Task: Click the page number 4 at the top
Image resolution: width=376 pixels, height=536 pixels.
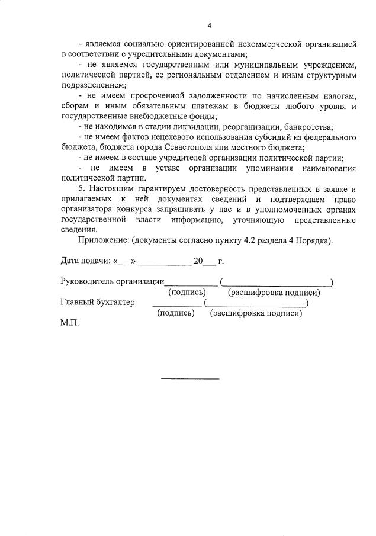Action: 210,25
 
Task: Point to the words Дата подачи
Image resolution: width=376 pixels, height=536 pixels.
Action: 85,261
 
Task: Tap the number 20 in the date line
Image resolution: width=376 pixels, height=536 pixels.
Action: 198,261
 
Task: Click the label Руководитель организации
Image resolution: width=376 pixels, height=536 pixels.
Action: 113,281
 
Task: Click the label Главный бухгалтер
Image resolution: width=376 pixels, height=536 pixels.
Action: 98,302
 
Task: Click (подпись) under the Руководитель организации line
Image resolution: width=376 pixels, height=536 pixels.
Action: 187,292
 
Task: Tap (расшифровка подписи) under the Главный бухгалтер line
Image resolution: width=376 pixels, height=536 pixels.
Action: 256,313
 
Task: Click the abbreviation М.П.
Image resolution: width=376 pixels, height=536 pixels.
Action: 69,323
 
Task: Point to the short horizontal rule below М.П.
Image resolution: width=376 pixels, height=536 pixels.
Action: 190,378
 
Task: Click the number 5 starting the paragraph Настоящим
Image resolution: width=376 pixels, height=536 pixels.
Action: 81,188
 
